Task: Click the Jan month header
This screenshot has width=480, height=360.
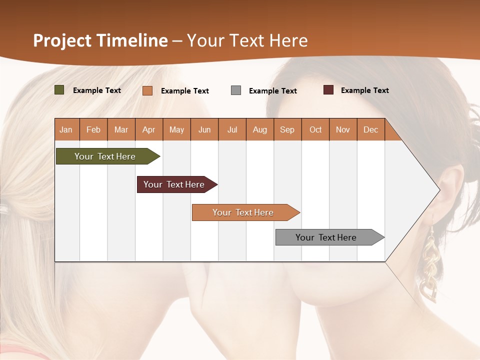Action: tap(66, 129)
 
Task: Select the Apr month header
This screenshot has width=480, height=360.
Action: tap(148, 129)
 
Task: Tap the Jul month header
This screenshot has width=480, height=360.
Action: tap(232, 129)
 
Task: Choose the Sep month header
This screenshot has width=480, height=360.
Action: tap(287, 129)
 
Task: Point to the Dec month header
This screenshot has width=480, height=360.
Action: tap(370, 129)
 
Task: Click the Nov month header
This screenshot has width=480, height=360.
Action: tap(342, 129)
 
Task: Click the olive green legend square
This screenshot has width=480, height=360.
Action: tap(59, 90)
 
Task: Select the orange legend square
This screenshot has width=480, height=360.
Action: tap(147, 90)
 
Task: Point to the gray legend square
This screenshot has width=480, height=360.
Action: tap(235, 90)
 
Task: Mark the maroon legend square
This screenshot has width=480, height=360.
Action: tap(328, 90)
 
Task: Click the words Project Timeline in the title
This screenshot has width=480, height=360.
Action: tap(100, 40)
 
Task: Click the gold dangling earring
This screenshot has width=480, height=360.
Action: tap(430, 265)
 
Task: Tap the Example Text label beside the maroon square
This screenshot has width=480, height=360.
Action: tap(364, 90)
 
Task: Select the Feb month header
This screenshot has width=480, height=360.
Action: tap(93, 129)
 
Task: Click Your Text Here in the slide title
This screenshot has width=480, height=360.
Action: tap(247, 40)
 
